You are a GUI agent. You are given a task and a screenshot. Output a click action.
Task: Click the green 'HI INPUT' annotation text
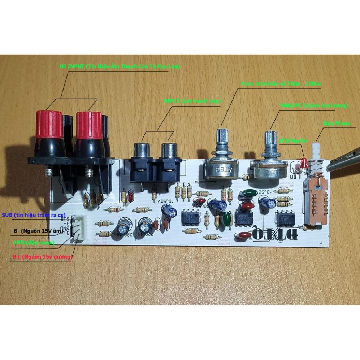click(x=120, y=66)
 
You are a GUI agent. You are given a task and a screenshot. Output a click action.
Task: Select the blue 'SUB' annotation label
click(x=30, y=215)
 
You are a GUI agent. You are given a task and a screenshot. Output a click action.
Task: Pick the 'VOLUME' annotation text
click(x=313, y=105)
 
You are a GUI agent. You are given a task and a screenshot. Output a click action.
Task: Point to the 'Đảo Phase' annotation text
click(x=337, y=123)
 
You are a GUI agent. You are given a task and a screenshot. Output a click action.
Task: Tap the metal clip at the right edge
click(x=343, y=164)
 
